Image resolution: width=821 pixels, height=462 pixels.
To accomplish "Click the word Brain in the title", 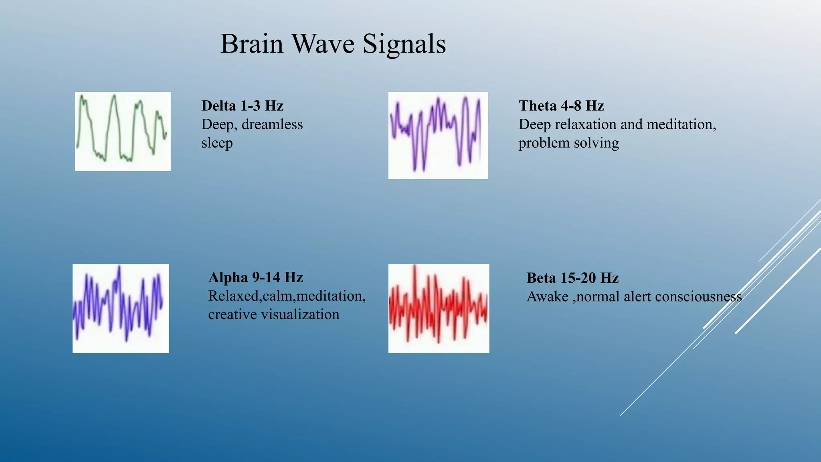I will click(x=252, y=44).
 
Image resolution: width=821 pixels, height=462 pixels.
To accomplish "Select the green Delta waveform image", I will click(x=123, y=132).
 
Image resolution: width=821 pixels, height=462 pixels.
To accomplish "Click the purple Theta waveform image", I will click(x=438, y=135).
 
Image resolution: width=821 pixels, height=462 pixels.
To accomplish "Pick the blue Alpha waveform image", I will click(x=120, y=308).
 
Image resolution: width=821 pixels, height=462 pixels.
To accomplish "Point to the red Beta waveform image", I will click(x=439, y=308).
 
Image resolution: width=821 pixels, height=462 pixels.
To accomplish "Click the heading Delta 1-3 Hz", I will click(x=242, y=106).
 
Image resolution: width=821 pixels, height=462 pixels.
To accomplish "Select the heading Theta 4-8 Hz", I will click(x=561, y=106).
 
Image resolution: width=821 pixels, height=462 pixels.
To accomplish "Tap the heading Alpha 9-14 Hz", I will click(x=255, y=278).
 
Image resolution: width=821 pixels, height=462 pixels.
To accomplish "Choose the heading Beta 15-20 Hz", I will click(x=572, y=278).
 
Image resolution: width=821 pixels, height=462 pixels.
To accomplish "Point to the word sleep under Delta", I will click(x=217, y=143).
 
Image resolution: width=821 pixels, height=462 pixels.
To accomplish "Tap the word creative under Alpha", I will click(x=232, y=314).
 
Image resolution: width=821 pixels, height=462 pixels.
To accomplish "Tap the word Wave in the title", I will click(x=323, y=44).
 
